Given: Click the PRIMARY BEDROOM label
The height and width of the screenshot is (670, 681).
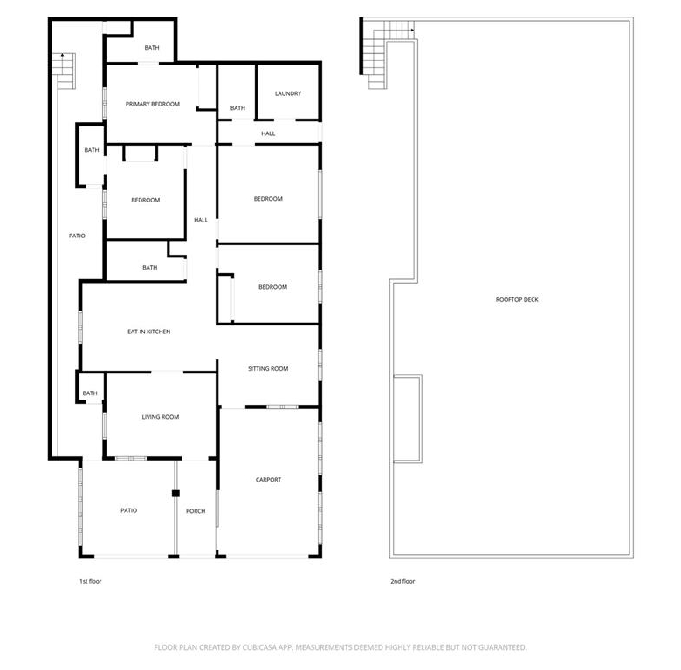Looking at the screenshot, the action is pos(153,104).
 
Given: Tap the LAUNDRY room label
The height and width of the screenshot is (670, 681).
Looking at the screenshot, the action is pos(288,93).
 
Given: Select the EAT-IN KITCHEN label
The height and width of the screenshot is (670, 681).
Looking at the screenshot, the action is pos(149,332).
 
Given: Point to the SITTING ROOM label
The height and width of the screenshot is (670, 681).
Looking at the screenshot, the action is pos(268,369).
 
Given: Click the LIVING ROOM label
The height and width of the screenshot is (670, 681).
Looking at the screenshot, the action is pos(161,417).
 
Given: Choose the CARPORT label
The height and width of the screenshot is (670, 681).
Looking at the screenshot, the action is pos(268,480).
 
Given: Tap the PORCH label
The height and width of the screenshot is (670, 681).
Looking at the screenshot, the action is pos(196,511).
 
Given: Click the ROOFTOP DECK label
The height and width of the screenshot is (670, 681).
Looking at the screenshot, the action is pos(517,300).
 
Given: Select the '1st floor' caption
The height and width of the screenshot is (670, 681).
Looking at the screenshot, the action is pos(90,582).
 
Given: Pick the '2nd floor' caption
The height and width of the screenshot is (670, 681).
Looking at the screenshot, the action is pos(402,582).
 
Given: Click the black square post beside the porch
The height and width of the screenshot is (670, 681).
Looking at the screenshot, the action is pos(175,494).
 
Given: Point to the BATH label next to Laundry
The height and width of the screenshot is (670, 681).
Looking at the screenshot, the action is pos(237,108).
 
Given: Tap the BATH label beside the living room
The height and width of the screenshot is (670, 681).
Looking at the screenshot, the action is pos(90,393).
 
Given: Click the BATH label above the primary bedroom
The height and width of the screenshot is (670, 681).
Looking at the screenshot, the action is pos(152,48).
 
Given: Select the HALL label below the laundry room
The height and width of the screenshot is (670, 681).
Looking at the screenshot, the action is pos(268,133).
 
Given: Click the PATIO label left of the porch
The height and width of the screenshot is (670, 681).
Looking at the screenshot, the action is pos(128,510).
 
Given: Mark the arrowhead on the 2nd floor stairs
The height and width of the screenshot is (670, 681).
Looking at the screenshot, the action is pos(412,31).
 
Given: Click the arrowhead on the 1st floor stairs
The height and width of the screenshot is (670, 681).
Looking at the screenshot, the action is pos(63,55).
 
